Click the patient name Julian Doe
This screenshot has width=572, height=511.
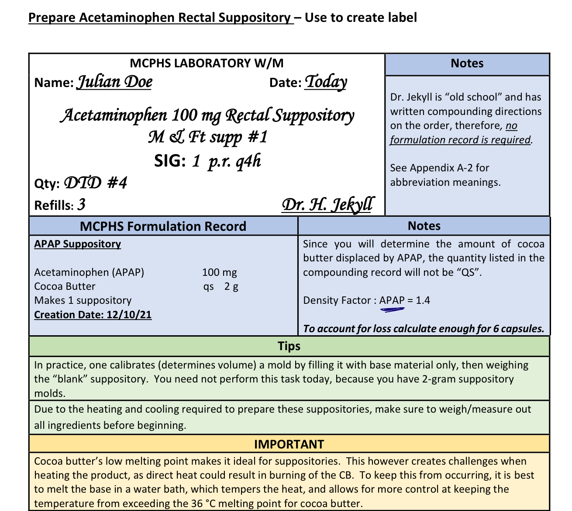[114, 82]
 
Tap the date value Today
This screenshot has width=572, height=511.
[326, 82]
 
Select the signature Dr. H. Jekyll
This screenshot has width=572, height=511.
[327, 204]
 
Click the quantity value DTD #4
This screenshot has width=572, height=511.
[96, 183]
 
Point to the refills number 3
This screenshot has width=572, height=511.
[81, 205]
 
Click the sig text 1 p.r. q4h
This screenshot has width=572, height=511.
[227, 161]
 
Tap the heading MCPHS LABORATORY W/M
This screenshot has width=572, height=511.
[207, 63]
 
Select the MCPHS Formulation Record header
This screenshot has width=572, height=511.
[163, 226]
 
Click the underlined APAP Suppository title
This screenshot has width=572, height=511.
[77, 244]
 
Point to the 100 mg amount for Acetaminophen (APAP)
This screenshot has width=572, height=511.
[219, 272]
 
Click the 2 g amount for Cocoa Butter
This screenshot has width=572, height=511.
[231, 286]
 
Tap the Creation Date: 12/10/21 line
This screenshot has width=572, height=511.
[93, 315]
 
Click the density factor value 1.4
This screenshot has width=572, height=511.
[423, 300]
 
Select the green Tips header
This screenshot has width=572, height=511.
[289, 346]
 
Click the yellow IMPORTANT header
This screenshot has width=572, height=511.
[289, 444]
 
